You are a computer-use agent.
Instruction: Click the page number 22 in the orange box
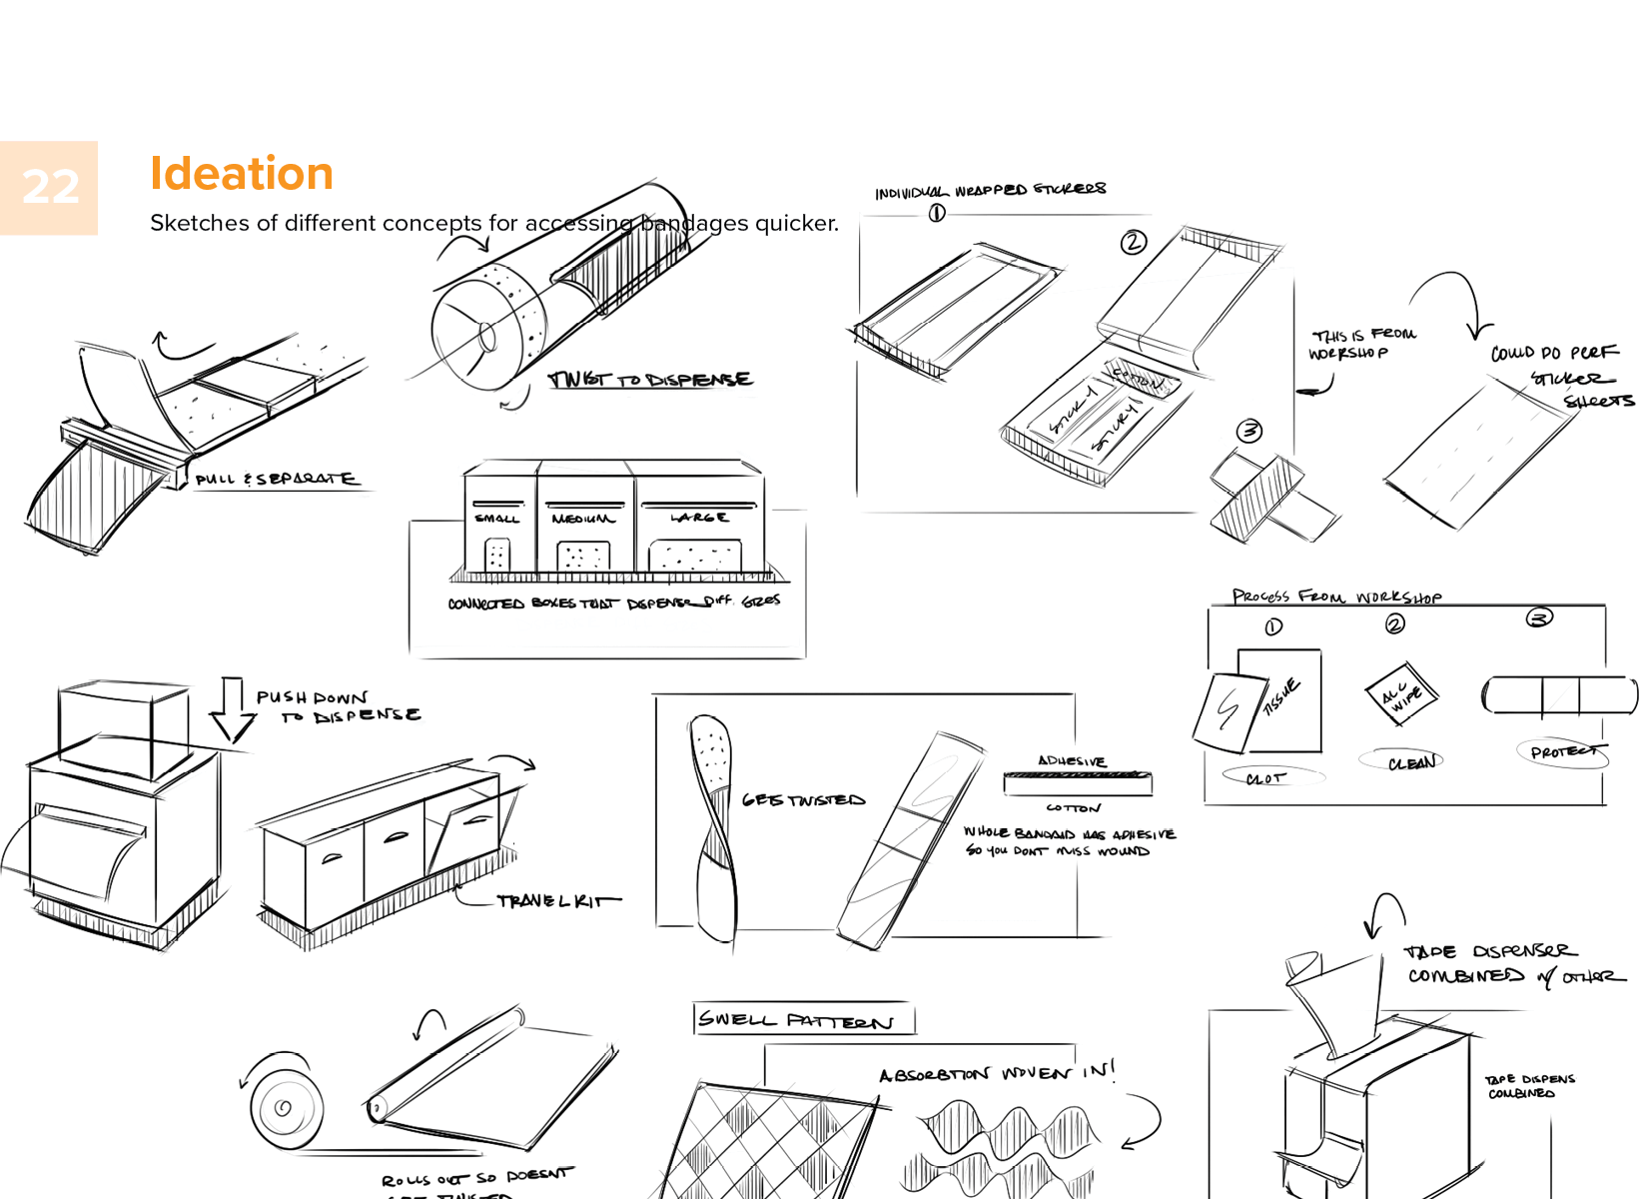[x=50, y=187]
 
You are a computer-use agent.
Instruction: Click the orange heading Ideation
[x=241, y=174]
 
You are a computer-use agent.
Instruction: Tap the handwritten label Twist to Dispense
[x=650, y=380]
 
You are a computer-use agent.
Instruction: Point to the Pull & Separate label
[x=275, y=480]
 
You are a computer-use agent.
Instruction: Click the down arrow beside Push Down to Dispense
[x=232, y=710]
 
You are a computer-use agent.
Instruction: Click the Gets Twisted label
[x=803, y=800]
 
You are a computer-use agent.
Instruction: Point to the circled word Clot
[x=1266, y=777]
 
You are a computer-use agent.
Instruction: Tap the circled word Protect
[x=1563, y=752]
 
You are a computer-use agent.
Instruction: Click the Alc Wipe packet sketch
[x=1401, y=692]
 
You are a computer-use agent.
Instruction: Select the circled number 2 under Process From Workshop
[x=1395, y=624]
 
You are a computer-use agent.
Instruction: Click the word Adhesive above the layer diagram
[x=1072, y=761]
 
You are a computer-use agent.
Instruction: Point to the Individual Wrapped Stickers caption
[x=990, y=191]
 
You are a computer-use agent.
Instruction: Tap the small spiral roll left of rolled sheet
[x=285, y=1106]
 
